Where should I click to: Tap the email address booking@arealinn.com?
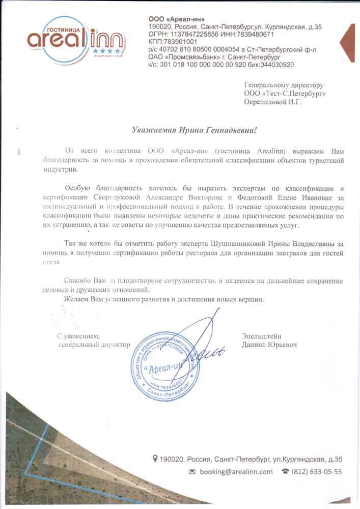coord(236,472)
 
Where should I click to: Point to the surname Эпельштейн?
coord(262,336)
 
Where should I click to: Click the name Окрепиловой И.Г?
coord(273,102)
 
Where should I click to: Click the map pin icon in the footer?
coord(155,459)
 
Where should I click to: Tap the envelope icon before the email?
coord(192,472)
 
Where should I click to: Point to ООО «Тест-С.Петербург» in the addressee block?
coord(285,94)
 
